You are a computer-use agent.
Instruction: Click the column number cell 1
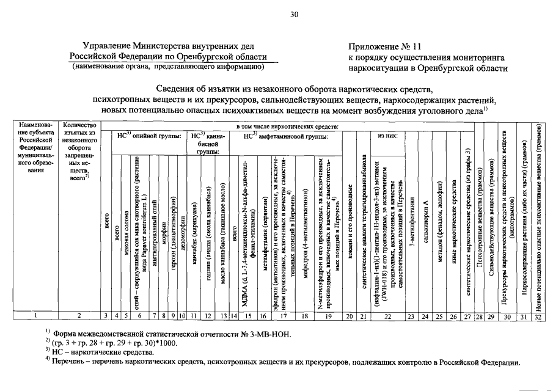pos(35,316)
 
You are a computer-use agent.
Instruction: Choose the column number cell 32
pos(538,316)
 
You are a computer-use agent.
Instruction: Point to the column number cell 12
pos(208,316)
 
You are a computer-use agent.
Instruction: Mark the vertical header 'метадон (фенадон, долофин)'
pos(439,220)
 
